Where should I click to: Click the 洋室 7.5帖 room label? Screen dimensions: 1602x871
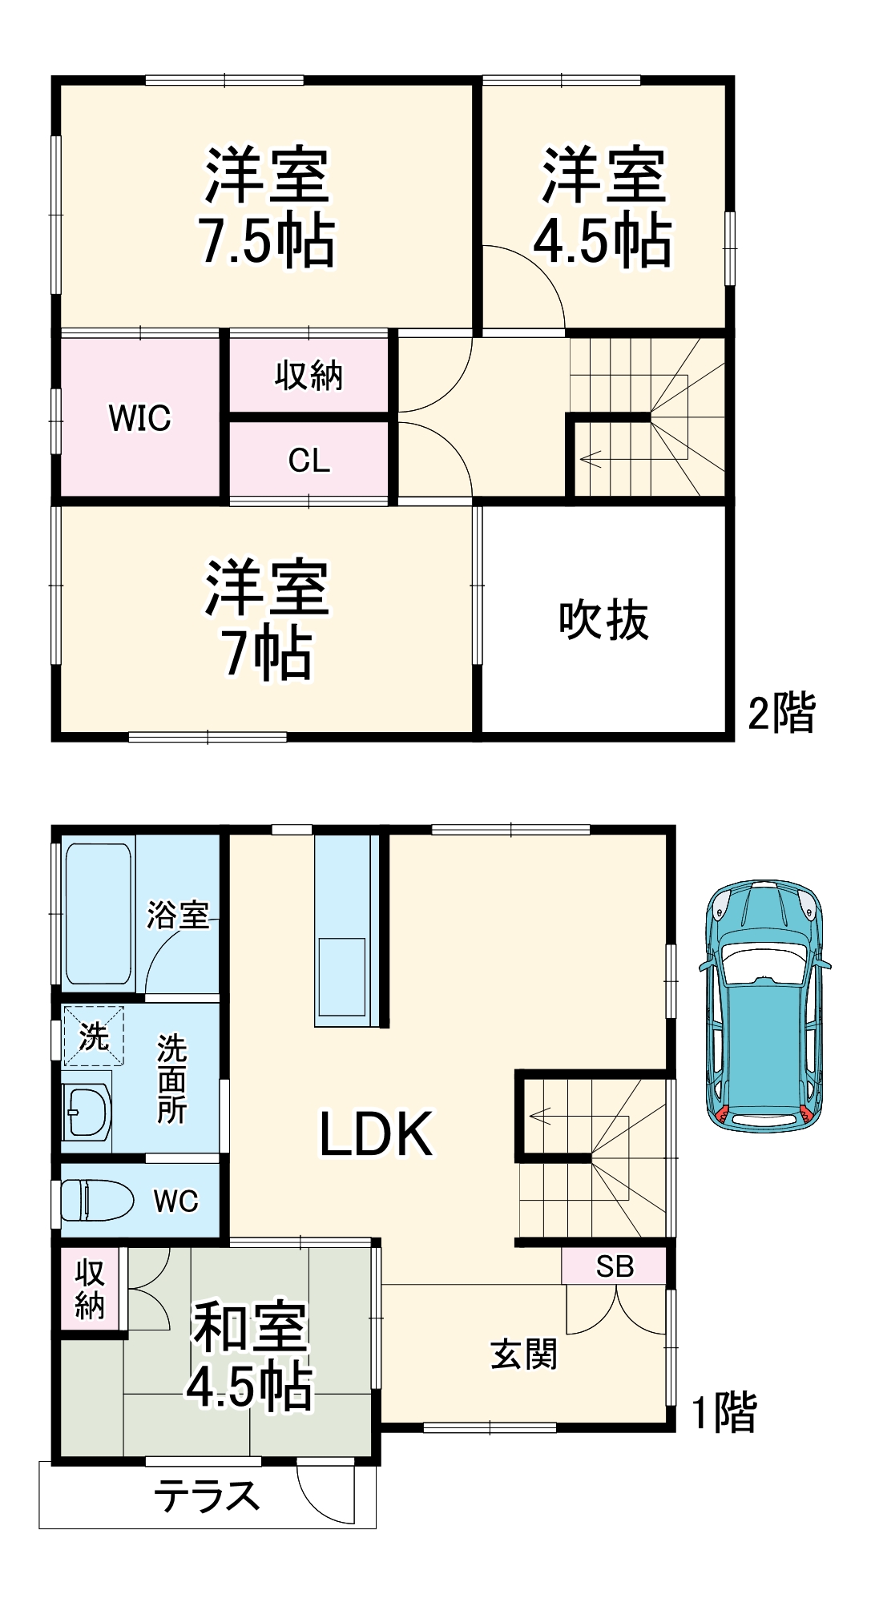click(x=267, y=207)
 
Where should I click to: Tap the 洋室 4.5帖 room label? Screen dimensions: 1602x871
click(x=603, y=207)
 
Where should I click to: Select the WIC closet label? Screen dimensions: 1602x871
click(x=139, y=418)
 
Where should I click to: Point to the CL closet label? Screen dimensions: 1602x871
click(x=309, y=461)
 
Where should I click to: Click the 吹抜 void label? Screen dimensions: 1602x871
click(x=603, y=619)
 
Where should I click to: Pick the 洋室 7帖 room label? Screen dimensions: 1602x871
click(x=267, y=619)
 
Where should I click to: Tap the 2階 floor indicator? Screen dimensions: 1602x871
click(x=781, y=712)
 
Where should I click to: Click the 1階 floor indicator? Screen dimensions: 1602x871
click(x=724, y=1413)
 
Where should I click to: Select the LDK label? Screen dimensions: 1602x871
click(x=376, y=1134)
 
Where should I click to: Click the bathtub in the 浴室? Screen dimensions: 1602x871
click(x=98, y=913)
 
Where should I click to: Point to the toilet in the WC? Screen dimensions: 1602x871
click(x=96, y=1200)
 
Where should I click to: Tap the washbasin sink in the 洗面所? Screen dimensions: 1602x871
click(x=87, y=1111)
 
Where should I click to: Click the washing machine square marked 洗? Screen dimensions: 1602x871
click(x=94, y=1036)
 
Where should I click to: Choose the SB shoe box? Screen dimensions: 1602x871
click(x=615, y=1266)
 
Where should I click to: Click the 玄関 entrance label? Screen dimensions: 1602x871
click(x=524, y=1354)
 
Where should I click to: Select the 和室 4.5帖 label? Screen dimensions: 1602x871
click(x=250, y=1357)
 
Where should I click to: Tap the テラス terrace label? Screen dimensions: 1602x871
click(x=207, y=1495)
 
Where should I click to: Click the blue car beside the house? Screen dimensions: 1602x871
click(x=764, y=1006)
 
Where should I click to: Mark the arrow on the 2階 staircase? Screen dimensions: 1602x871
click(x=591, y=460)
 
